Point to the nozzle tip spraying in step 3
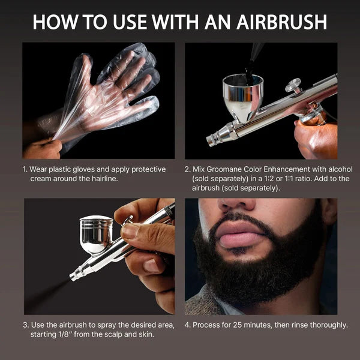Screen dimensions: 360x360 74,277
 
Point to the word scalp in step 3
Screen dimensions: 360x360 119,335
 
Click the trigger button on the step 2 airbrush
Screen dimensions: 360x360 294,85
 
